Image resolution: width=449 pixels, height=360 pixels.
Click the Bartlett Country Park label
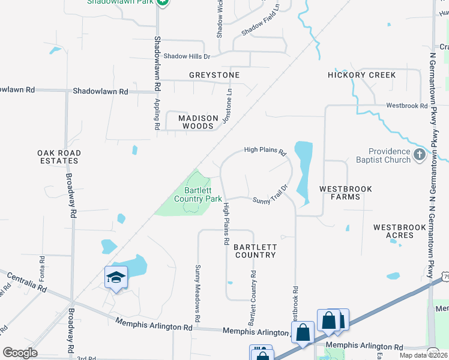(197, 194)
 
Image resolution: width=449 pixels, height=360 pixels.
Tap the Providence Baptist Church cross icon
(419, 156)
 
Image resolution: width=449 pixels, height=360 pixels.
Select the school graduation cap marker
(116, 277)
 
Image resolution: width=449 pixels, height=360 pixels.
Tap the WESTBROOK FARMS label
(345, 193)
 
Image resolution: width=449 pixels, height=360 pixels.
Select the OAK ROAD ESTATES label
(58, 157)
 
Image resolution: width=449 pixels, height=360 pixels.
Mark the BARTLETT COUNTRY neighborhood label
(255, 251)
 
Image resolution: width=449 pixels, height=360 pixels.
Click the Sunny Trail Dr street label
(271, 194)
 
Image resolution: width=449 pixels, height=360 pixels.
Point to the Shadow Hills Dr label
(182, 56)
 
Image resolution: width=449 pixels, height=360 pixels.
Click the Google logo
(20, 353)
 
